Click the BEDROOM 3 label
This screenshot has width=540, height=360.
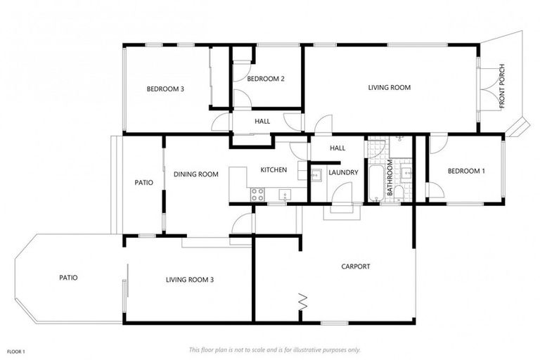165,89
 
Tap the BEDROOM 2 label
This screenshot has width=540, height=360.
265,79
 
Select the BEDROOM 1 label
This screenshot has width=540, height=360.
466,171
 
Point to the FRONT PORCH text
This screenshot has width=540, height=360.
501,88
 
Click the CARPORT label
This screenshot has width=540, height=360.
355,266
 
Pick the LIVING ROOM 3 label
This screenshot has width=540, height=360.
189,280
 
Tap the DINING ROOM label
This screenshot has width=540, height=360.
196,174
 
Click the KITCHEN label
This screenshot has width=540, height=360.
274,170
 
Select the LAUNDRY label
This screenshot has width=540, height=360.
343,172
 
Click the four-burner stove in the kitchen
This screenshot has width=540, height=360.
257,193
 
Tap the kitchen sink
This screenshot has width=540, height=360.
285,194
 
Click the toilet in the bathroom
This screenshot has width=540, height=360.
399,193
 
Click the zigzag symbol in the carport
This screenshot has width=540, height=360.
304,301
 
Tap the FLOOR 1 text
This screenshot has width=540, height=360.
16,351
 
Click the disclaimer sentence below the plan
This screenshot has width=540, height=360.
275,349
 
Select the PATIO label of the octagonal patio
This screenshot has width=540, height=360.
68,278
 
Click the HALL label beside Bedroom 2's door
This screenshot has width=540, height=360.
262,122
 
